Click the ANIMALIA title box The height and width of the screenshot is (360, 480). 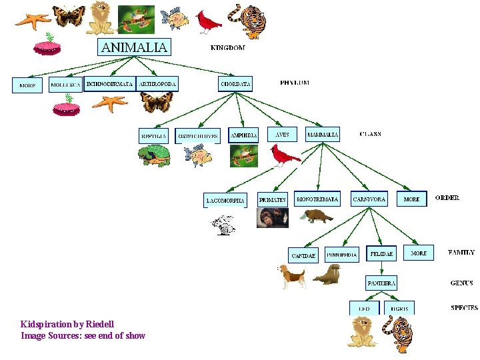[x=135, y=47]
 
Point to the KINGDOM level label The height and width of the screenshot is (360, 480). [x=227, y=47]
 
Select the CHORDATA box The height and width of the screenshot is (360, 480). [x=236, y=84]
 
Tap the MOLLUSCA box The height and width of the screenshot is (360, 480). [x=65, y=85]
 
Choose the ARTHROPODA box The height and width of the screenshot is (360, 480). [x=157, y=84]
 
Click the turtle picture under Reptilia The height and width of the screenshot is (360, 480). [x=154, y=156]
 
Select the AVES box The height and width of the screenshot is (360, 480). [x=282, y=135]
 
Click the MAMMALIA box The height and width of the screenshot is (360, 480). [x=323, y=135]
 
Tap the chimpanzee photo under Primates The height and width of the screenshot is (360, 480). [x=273, y=217]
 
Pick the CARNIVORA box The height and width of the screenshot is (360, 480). [x=369, y=199]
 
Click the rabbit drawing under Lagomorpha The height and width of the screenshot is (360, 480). [x=224, y=225]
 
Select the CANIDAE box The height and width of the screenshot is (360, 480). [x=303, y=255]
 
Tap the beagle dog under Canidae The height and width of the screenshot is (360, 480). [x=292, y=275]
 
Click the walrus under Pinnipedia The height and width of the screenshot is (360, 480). [x=327, y=275]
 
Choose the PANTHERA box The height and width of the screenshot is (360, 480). [x=381, y=283]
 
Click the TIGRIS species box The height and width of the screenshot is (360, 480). [x=400, y=309]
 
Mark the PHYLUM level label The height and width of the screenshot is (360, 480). [x=294, y=83]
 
